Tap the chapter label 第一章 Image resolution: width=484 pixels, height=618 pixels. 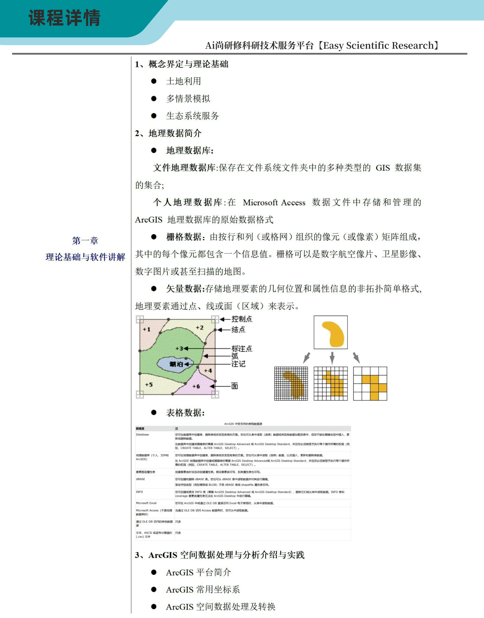click(85, 240)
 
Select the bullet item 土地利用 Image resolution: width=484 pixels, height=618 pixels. click(183, 81)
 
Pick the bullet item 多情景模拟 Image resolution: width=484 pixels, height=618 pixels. click(188, 99)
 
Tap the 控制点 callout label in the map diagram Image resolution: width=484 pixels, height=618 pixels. click(242, 319)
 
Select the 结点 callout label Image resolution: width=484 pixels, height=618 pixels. click(238, 329)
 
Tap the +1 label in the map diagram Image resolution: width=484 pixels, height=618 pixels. click(147, 329)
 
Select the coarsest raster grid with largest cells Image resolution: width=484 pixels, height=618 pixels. click(370, 383)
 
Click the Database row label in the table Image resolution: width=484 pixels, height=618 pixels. click(142, 435)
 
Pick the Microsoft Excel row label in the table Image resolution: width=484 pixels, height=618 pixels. click(146, 503)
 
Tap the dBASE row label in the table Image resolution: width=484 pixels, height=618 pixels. click(140, 479)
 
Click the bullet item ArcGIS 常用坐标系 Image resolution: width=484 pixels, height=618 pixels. click(203, 589)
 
